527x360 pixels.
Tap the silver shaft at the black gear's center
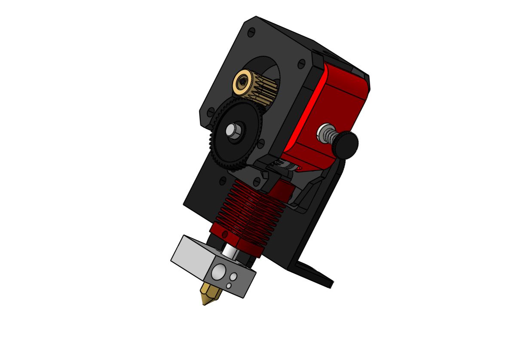coord(233,130)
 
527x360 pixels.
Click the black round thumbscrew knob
coord(347,144)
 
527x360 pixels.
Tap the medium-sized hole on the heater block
coord(234,276)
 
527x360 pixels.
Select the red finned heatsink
coord(249,211)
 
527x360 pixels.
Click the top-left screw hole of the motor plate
coord(251,32)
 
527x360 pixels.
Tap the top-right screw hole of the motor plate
coord(301,64)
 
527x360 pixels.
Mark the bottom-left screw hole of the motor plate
coord(211,112)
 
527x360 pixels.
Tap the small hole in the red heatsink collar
coord(224,233)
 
